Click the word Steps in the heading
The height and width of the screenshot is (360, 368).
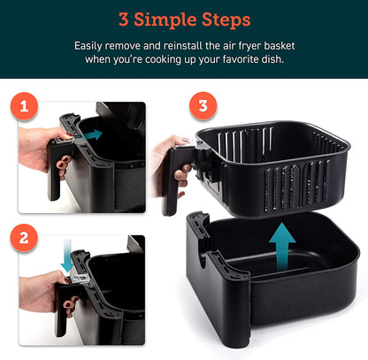coord(221,19)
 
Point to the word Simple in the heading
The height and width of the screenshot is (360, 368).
coord(159,19)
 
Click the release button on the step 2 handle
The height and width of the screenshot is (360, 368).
coord(79,278)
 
